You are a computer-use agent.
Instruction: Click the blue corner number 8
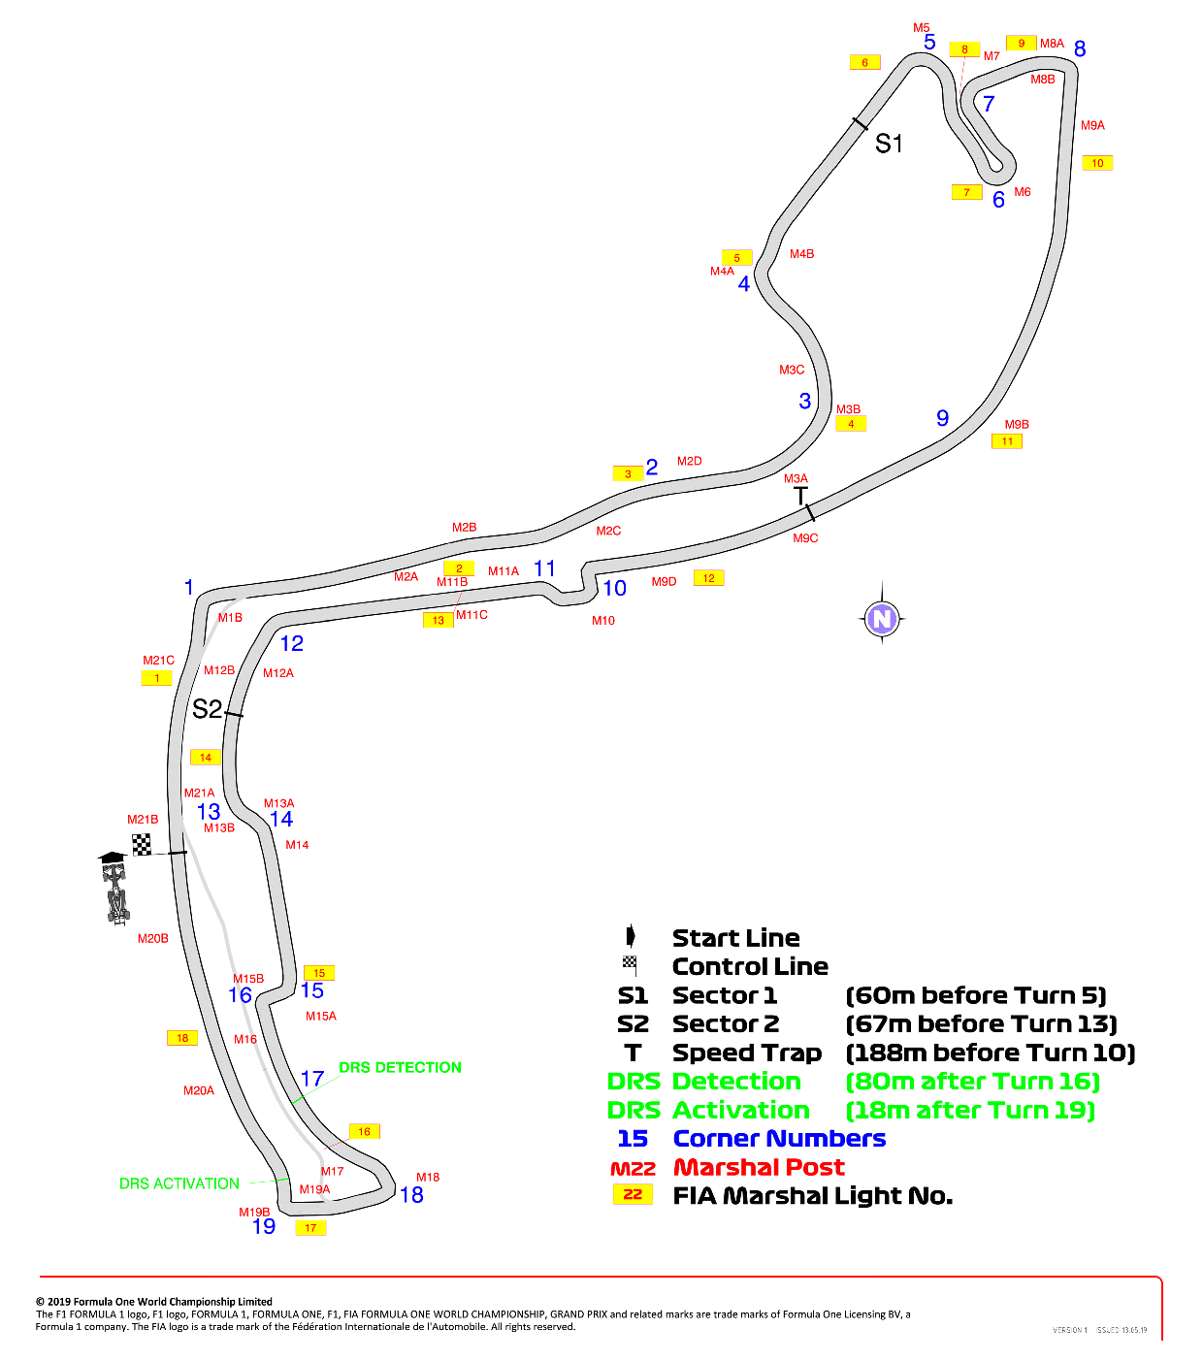(1080, 49)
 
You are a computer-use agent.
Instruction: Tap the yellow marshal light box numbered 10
(1097, 163)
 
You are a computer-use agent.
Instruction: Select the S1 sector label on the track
(888, 144)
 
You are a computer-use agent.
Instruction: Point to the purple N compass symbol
(882, 618)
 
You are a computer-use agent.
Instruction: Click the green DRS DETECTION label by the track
(400, 1067)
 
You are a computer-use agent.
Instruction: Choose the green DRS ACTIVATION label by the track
(179, 1183)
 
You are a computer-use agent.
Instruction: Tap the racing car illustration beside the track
(114, 889)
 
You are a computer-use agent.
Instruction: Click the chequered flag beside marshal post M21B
(141, 844)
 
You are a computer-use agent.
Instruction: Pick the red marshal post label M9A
(1092, 125)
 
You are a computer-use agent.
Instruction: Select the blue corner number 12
(292, 643)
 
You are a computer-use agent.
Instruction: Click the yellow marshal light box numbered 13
(439, 620)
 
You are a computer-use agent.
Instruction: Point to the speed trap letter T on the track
(799, 496)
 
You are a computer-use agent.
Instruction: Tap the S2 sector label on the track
(207, 709)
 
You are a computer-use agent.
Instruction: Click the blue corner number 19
(264, 1227)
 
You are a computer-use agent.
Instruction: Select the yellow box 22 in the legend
(633, 1194)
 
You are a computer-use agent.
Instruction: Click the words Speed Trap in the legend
(747, 1053)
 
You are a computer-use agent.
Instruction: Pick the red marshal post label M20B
(152, 938)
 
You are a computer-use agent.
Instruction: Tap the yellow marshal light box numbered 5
(736, 258)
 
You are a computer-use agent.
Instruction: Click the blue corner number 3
(804, 401)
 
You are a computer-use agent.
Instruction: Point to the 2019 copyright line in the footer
(154, 1301)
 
